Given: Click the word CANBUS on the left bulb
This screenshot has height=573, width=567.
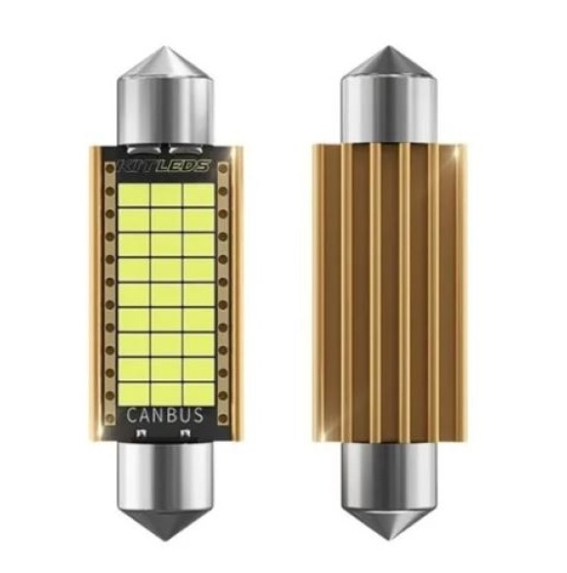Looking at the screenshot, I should tap(165, 415).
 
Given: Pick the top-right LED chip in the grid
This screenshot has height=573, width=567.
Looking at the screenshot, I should tap(196, 195).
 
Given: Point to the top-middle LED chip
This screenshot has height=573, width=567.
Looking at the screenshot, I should tap(165, 195).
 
